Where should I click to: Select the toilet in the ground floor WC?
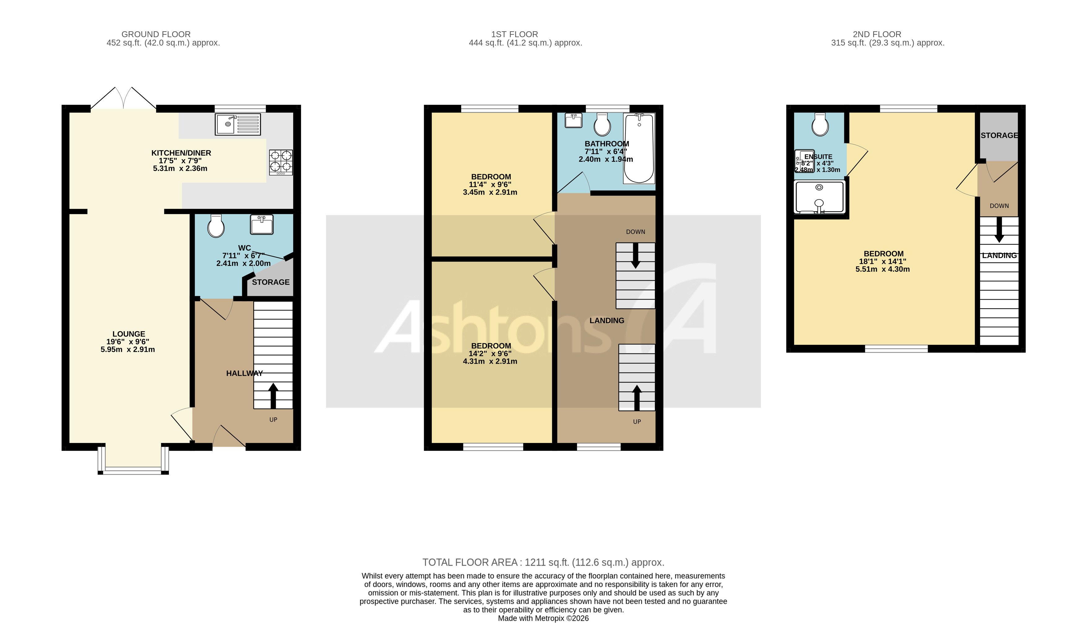pos(216,226)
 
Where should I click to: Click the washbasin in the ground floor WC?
pos(262,225)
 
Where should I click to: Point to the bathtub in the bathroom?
pos(639,148)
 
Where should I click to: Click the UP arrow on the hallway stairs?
pos(273,396)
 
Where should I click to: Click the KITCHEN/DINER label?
pos(181,153)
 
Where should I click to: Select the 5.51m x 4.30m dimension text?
pos(882,269)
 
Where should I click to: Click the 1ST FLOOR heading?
pos(515,34)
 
